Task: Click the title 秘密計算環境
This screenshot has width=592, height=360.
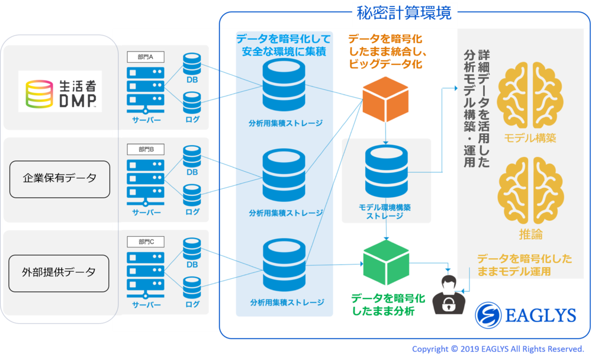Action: tap(405, 13)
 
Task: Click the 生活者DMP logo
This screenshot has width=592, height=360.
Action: tap(60, 91)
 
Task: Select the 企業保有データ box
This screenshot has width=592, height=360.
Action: tap(60, 178)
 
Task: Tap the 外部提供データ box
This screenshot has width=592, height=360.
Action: tap(60, 272)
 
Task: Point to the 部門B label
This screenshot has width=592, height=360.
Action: tap(146, 150)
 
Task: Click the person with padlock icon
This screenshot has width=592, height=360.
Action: tap(449, 294)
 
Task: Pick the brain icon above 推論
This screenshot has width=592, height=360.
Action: tap(530, 190)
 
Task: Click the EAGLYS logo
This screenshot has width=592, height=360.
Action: tap(526, 314)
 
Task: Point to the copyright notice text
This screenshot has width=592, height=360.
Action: tap(498, 349)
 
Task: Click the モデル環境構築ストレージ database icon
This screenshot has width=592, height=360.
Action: tap(386, 172)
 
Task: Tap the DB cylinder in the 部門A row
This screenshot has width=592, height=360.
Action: tap(192, 65)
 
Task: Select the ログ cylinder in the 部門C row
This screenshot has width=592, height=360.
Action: tap(192, 288)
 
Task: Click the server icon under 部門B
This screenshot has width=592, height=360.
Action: tap(146, 183)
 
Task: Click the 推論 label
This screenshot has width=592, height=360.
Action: tap(530, 234)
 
